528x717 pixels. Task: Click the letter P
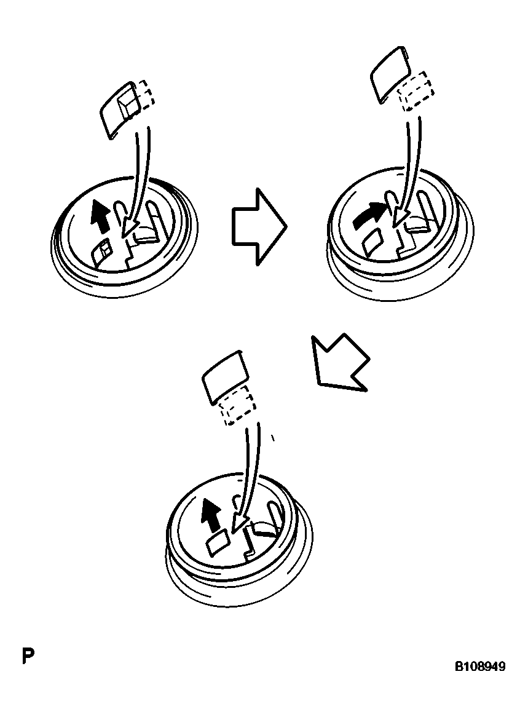click(x=27, y=656)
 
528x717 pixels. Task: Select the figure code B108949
click(x=479, y=667)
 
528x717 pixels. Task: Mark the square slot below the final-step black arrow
click(x=218, y=542)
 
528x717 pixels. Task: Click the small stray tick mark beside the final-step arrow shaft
click(x=272, y=438)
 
